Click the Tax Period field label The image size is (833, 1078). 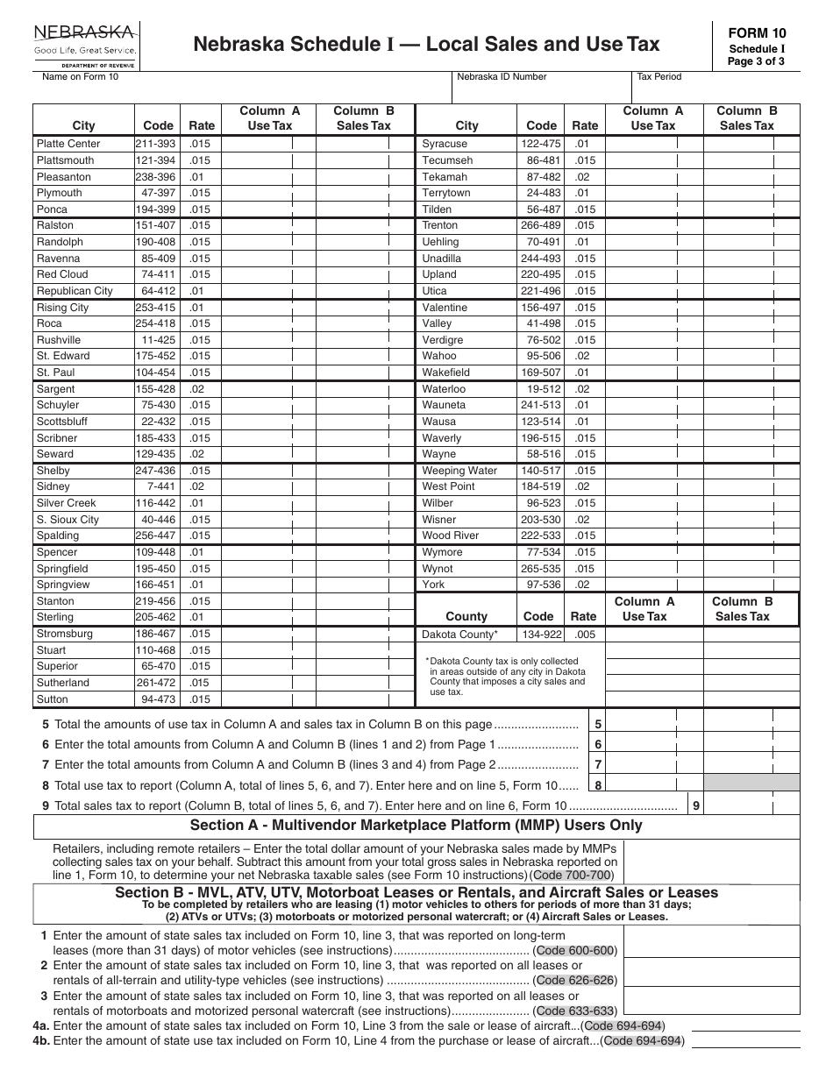659,77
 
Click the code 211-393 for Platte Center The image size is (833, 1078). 155,144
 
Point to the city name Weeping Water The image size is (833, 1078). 459,471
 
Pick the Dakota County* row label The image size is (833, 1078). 459,634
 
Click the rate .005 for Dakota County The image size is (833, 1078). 584,634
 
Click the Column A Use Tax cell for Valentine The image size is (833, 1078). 653,308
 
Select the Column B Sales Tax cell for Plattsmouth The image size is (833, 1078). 364,160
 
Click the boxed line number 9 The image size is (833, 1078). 694,805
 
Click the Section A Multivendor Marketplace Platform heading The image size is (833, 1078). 416,826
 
